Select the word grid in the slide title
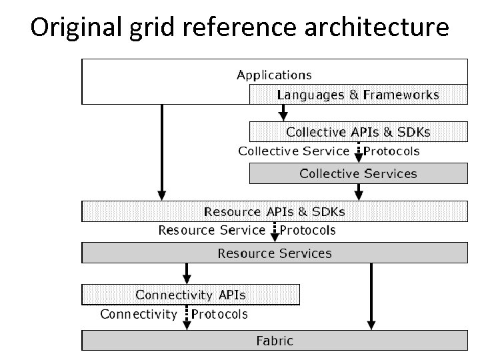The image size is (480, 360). point(142,27)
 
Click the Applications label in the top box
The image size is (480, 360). point(274,75)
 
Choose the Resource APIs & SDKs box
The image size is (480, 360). point(274,212)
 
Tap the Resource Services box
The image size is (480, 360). point(274,253)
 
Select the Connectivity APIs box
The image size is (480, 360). point(191,295)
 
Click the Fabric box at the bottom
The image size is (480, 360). point(274,341)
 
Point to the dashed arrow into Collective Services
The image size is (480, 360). point(359,153)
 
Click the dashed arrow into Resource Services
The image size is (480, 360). point(274,231)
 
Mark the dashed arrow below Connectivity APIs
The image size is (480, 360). point(187,315)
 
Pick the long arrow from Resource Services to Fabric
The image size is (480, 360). point(370,297)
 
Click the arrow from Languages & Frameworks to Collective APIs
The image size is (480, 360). point(282,112)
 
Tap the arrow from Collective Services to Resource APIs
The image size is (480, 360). point(359,192)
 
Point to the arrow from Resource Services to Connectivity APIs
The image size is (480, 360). point(187,273)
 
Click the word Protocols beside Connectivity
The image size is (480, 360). point(220,314)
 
